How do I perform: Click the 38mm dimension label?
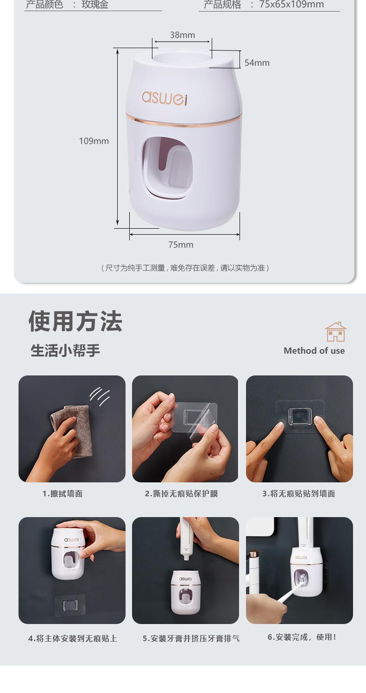tap(182, 35)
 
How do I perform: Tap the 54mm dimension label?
tap(257, 63)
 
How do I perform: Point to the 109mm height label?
tap(94, 141)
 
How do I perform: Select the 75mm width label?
tap(181, 244)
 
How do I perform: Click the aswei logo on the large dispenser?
tap(165, 97)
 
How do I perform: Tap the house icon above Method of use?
tap(336, 332)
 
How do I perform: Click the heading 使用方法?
tap(76, 321)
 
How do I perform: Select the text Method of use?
tap(314, 350)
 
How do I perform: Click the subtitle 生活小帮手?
tap(65, 350)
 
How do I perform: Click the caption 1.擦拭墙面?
tap(63, 494)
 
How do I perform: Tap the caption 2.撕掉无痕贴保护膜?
tap(181, 494)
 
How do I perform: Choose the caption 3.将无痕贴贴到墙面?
tap(299, 494)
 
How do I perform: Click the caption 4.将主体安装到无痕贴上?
tap(73, 639)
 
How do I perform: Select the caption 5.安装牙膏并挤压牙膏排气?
tap(191, 639)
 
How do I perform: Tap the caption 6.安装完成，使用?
tap(302, 637)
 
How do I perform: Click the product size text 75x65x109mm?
tap(291, 5)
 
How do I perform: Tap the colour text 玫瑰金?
tap(95, 5)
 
